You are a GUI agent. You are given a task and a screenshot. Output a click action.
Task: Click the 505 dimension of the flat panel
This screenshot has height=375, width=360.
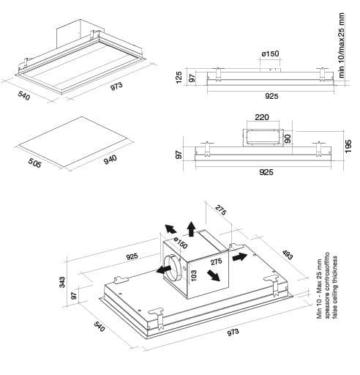click(35, 163)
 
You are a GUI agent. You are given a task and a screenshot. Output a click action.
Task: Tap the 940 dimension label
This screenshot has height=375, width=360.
click(110, 160)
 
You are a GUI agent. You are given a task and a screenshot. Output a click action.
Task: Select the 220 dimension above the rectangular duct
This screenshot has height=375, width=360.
click(262, 117)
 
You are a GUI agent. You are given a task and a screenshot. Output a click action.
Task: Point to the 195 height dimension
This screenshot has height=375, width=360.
click(348, 146)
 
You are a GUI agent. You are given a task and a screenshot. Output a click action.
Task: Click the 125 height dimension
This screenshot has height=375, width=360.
click(179, 78)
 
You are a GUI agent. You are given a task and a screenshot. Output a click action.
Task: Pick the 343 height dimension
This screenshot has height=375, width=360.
click(62, 282)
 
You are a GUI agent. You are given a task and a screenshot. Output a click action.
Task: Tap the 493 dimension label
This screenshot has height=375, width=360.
click(288, 255)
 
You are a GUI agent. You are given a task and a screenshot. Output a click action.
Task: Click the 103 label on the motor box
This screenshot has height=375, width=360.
click(193, 275)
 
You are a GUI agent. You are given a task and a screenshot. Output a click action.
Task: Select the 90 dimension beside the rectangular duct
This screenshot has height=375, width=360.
click(288, 139)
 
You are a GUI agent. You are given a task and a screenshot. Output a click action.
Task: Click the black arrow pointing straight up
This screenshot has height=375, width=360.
click(192, 229)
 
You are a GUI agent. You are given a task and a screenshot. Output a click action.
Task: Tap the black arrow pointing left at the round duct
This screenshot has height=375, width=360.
click(164, 270)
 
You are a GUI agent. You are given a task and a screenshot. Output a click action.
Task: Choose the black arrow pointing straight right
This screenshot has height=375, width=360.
click(240, 257)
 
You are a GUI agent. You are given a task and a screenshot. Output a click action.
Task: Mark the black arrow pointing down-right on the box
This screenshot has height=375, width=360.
click(213, 275)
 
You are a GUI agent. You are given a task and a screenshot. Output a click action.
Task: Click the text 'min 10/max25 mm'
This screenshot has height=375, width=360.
click(342, 45)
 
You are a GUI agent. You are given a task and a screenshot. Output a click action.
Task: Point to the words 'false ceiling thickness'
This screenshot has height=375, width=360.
click(334, 287)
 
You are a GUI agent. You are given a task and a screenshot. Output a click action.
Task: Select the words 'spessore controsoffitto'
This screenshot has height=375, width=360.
click(327, 285)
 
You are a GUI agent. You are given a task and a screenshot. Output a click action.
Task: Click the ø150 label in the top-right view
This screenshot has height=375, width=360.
click(270, 53)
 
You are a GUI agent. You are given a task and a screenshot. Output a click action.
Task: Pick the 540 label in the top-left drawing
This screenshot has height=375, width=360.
click(23, 95)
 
